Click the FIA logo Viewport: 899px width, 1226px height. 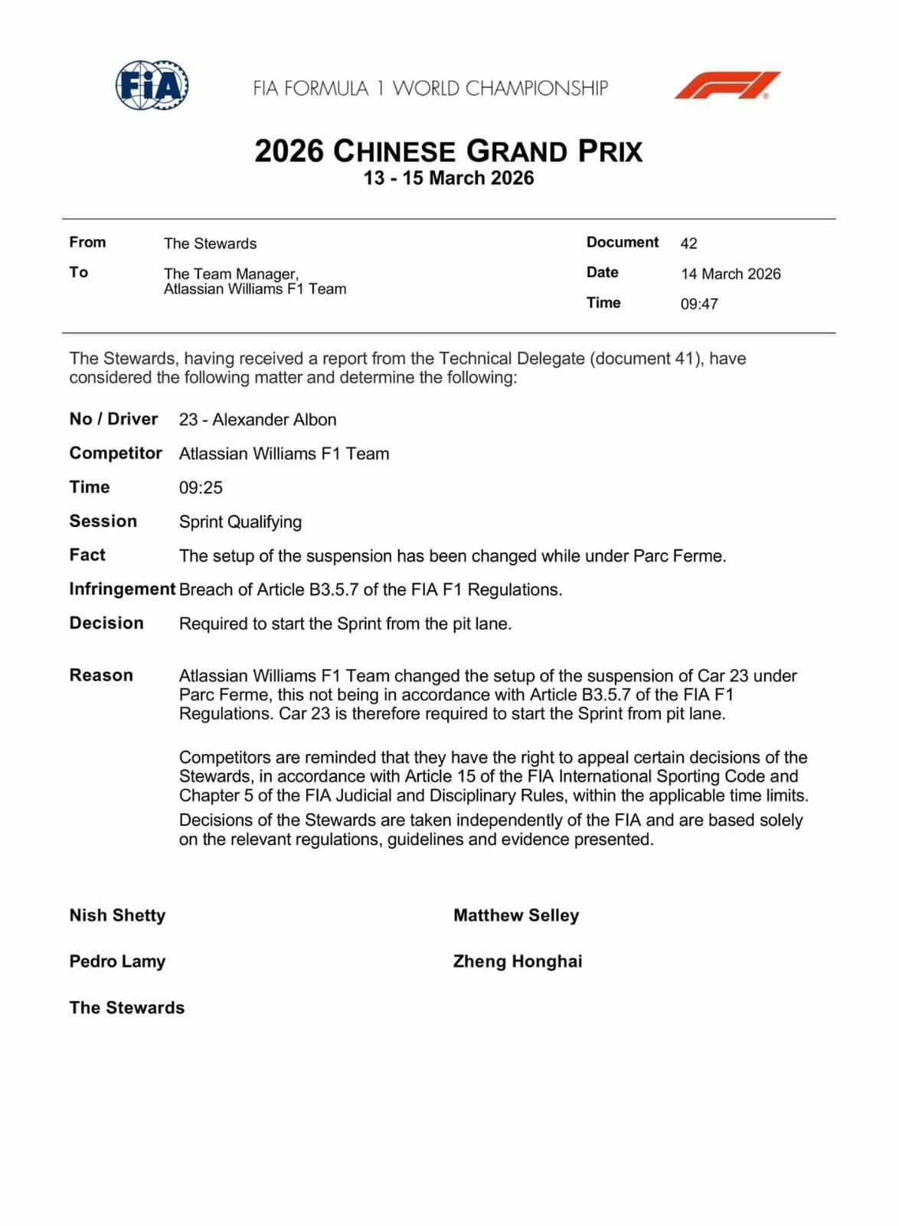[152, 85]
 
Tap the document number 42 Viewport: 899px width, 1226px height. [688, 244]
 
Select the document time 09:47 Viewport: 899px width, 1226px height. [699, 304]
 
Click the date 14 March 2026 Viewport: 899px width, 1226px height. [731, 274]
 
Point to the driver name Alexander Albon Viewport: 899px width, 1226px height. [274, 420]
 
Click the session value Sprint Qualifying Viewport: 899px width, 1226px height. [240, 522]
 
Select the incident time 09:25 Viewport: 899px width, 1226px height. [201, 488]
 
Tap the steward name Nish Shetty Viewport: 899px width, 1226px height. [117, 916]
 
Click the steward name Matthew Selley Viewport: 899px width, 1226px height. [516, 916]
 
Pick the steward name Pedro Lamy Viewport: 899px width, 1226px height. [117, 962]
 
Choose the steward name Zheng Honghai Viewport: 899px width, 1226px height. [518, 962]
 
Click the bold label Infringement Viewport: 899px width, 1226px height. [123, 589]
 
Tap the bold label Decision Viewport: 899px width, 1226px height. [106, 623]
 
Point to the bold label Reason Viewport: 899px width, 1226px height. [101, 675]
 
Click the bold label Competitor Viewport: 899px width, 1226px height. [116, 453]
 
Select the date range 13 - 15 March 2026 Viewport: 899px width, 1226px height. [449, 179]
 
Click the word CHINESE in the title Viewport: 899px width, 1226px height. [394, 152]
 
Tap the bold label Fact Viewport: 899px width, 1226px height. [87, 555]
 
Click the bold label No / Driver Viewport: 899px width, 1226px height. [113, 419]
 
